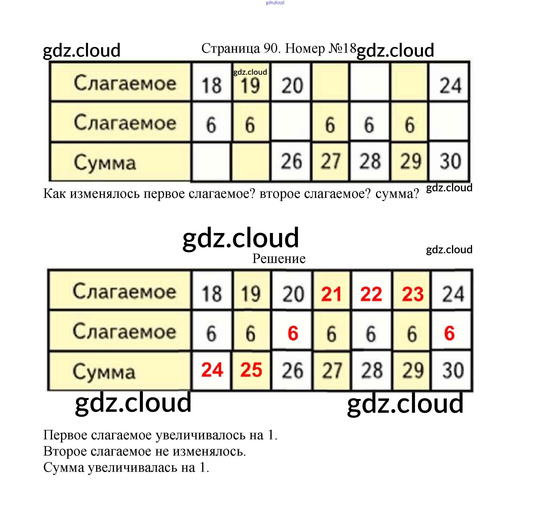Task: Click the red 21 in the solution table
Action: pos(331,294)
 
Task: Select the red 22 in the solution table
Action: pos(371,294)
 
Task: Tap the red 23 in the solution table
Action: pos(412,294)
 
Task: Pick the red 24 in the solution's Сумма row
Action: pos(212,370)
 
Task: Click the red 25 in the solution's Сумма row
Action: pos(251,370)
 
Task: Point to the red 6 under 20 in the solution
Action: pos(293,333)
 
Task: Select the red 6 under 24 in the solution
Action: pos(449,333)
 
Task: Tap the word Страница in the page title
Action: pos(230,48)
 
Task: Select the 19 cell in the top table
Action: pos(250,85)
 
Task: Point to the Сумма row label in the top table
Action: pos(105,162)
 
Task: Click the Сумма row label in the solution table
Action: pos(104,371)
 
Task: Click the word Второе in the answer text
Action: pos(65,451)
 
